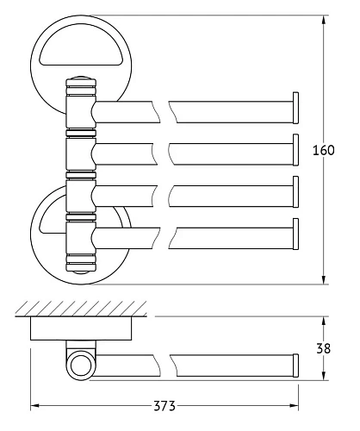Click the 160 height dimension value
[x=324, y=150]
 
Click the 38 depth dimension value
[x=324, y=348]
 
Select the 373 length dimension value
[x=164, y=406]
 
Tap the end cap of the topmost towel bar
[x=295, y=108]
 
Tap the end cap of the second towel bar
[x=295, y=150]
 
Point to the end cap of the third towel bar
[x=295, y=191]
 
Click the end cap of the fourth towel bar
[x=295, y=234]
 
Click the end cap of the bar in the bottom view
[x=295, y=365]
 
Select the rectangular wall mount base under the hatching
[x=81, y=328]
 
